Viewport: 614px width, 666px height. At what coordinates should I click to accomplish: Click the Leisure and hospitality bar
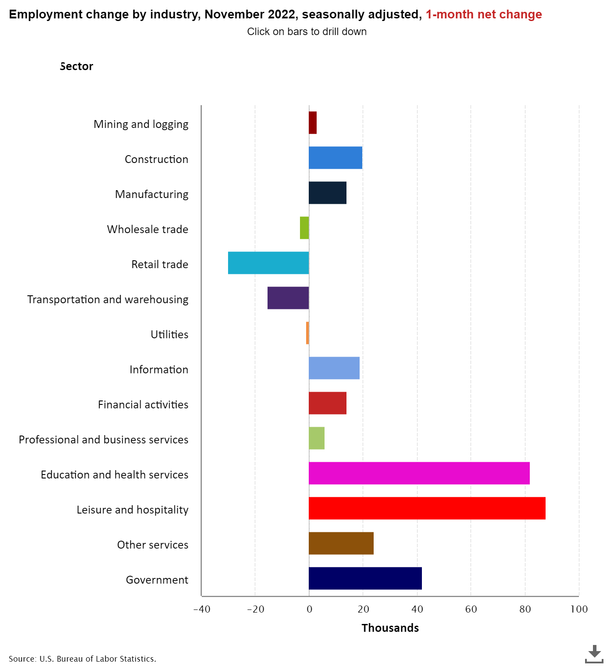coord(427,508)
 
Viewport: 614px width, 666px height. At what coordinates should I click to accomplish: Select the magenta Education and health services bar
coord(419,473)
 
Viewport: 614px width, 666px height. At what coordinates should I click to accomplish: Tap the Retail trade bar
coord(268,263)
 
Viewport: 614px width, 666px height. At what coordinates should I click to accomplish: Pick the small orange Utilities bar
coord(307,333)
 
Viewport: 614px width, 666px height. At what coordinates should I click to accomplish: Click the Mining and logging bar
coord(313,123)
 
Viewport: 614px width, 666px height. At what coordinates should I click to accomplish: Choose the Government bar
coord(365,578)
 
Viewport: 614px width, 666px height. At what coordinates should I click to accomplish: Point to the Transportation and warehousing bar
coord(288,298)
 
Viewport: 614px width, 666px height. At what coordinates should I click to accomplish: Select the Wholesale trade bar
coord(304,228)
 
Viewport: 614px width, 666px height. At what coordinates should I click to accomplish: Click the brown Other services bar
coord(341,543)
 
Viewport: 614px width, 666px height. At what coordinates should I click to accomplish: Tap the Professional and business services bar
coord(317,438)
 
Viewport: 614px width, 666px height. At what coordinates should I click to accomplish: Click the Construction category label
coord(157,159)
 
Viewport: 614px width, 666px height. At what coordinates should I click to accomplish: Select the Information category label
coord(159,369)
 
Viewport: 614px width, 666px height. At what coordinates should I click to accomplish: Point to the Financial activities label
coord(143,404)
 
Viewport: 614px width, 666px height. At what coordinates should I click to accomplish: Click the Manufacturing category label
coord(152,194)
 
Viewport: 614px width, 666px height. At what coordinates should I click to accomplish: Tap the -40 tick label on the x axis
coord(202,609)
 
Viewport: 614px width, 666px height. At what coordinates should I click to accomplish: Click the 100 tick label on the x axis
coord(579,609)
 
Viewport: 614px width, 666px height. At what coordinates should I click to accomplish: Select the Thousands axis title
coord(390,628)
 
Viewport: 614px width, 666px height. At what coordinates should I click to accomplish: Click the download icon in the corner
coord(594,653)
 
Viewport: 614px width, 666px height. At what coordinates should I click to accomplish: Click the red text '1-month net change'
coord(484,14)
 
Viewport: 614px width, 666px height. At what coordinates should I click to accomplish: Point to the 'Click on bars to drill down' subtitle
coord(307,32)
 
